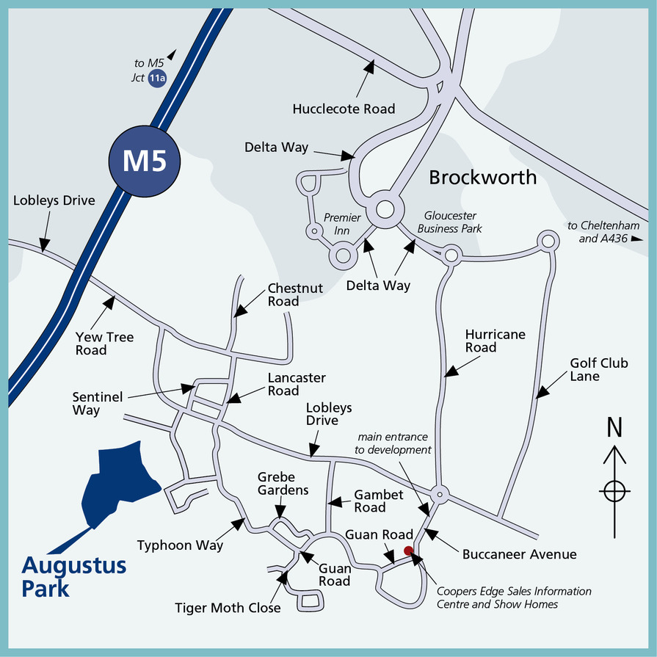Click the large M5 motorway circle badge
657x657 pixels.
[x=144, y=162]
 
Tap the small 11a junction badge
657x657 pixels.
[x=156, y=79]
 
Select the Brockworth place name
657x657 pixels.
[x=482, y=177]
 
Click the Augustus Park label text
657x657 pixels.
[x=73, y=577]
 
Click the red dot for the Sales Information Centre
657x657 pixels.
[x=408, y=551]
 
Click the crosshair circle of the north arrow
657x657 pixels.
[x=614, y=490]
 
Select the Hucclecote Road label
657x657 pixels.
[x=344, y=109]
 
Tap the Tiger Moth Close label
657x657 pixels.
[x=228, y=608]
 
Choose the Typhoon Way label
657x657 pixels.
[x=180, y=545]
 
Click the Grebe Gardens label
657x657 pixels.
[x=283, y=483]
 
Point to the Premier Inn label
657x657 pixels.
[x=342, y=224]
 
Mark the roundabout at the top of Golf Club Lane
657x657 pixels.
[x=547, y=240]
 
